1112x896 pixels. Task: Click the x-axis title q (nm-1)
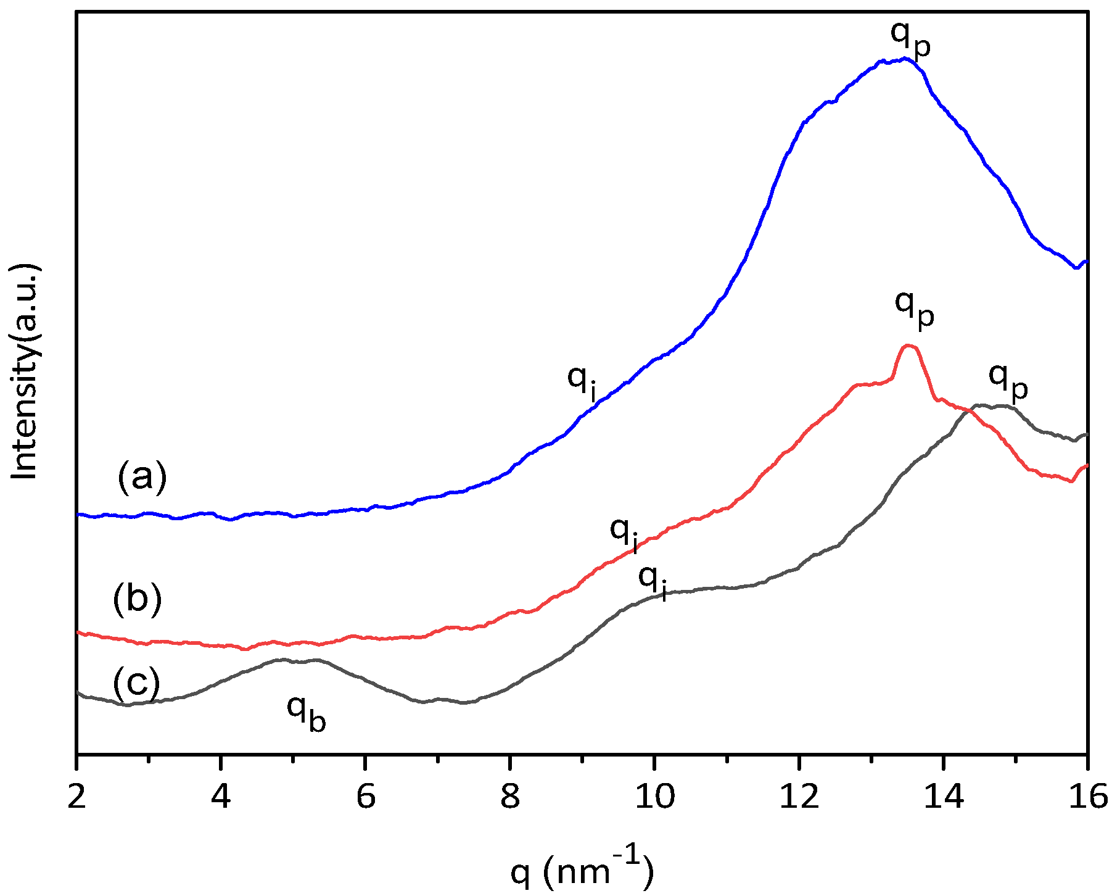(x=581, y=870)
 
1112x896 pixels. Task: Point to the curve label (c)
(x=136, y=683)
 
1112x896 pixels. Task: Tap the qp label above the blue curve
(x=910, y=38)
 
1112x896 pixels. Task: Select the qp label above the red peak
(x=914, y=308)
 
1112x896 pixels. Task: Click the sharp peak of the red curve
(x=908, y=346)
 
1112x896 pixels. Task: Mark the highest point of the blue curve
(x=904, y=59)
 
